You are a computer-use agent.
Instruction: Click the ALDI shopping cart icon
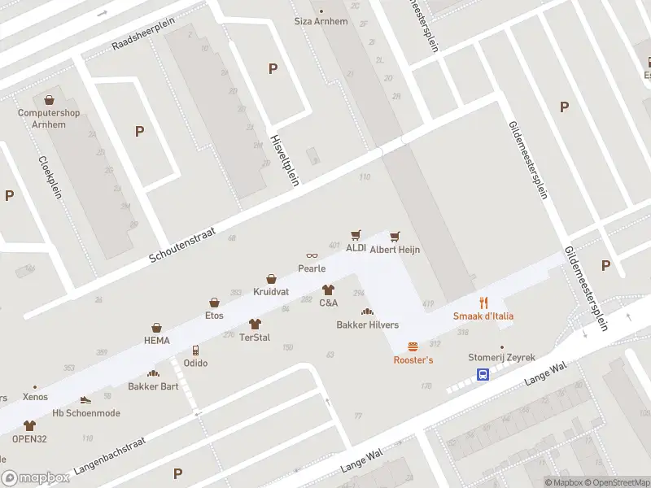(x=356, y=235)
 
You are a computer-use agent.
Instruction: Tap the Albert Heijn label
(x=395, y=251)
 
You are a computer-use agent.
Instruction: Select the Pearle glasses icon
(x=312, y=256)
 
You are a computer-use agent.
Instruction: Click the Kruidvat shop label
(x=271, y=291)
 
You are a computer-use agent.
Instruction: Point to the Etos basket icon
(x=214, y=303)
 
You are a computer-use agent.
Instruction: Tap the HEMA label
(x=157, y=341)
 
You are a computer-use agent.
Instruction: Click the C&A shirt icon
(x=328, y=290)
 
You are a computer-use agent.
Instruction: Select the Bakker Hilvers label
(x=368, y=325)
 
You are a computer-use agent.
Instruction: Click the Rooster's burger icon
(x=413, y=346)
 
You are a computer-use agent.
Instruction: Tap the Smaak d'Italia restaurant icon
(x=483, y=303)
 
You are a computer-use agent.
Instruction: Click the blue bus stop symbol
(x=483, y=375)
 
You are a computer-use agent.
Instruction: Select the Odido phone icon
(x=194, y=351)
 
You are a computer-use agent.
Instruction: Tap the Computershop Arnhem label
(x=49, y=118)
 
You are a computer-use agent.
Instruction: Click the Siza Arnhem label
(x=321, y=21)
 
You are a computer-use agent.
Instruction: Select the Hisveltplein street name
(x=285, y=159)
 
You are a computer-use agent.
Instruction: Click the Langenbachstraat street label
(x=109, y=456)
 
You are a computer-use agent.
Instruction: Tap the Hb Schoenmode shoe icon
(x=85, y=400)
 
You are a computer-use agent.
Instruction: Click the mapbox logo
(x=34, y=477)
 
